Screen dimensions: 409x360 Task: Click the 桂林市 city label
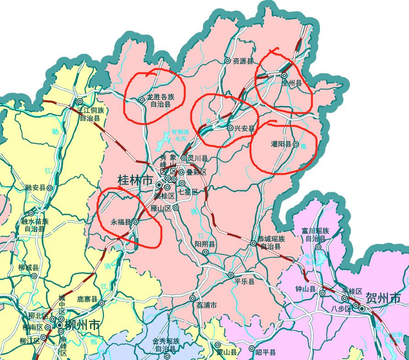(135, 180)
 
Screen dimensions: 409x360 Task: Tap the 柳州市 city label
(82, 325)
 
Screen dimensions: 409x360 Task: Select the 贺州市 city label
(383, 299)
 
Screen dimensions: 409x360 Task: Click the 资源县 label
(243, 61)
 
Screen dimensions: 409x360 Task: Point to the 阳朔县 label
(205, 244)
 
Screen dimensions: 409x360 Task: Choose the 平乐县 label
(244, 282)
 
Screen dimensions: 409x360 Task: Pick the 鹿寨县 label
(87, 299)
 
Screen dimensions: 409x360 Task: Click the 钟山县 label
(306, 289)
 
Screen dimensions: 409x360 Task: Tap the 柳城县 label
(28, 267)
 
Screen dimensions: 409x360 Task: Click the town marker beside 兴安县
(230, 128)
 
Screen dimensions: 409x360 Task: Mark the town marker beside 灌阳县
(296, 144)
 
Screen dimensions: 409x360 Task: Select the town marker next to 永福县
(136, 222)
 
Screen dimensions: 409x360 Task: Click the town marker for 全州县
(285, 75)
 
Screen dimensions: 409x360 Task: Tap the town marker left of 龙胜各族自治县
(142, 99)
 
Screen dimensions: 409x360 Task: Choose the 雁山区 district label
(161, 208)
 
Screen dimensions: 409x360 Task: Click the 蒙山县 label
(227, 352)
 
